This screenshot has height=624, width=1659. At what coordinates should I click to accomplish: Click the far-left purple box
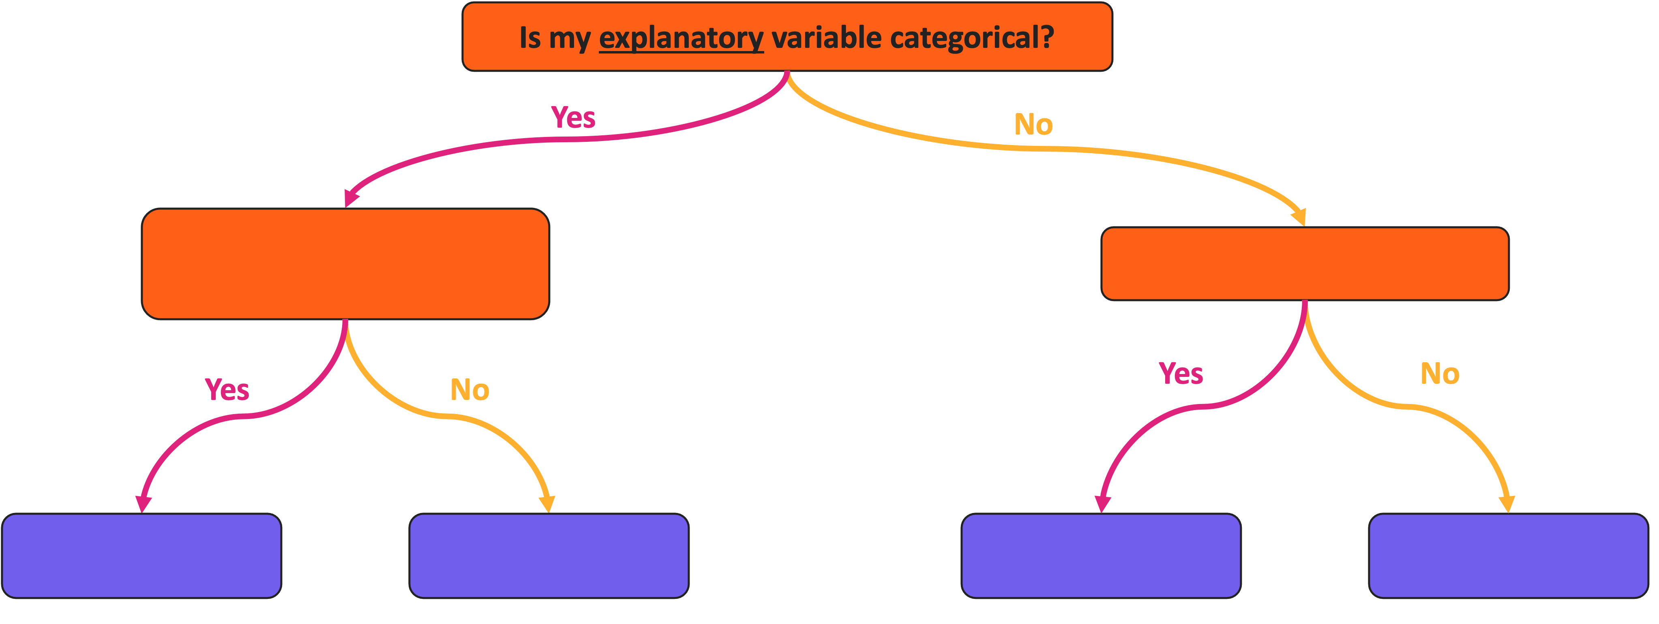(141, 556)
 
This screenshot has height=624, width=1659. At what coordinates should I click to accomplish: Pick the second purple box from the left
(549, 556)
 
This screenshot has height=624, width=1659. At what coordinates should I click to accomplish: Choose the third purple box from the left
(1101, 556)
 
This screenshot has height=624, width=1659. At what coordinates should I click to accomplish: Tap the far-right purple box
(1508, 556)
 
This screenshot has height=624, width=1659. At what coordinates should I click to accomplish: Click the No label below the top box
(1033, 124)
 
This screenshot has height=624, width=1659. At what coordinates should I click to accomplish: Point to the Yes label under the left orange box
(227, 390)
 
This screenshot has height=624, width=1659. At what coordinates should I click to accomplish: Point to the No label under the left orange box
(469, 390)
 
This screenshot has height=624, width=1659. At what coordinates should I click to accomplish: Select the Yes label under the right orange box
(1181, 374)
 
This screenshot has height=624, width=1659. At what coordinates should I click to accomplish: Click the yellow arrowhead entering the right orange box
(1299, 217)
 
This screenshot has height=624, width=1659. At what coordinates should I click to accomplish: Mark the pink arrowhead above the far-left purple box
(143, 504)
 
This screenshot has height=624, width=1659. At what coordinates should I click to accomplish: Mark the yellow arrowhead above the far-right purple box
(1507, 504)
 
